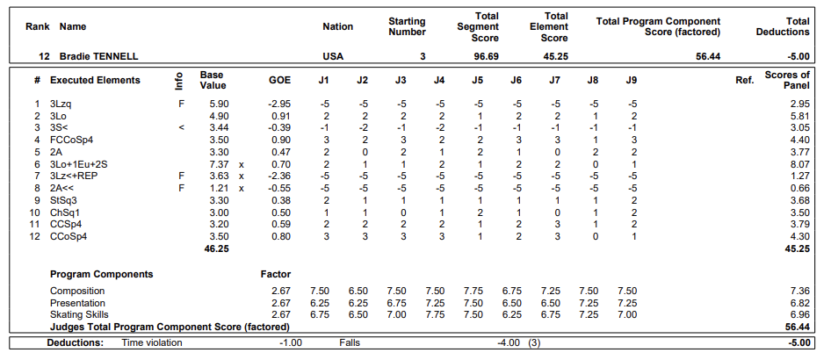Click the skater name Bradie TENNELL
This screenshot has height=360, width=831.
[99, 56]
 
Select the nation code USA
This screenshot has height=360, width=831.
[333, 56]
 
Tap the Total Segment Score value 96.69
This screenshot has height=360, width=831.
[486, 56]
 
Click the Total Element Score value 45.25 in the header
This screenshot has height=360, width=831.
[555, 56]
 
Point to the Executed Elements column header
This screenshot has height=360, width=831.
[95, 80]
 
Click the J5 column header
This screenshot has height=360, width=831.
[478, 80]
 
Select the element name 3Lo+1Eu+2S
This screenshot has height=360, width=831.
[79, 164]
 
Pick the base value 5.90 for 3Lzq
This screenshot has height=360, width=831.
[219, 104]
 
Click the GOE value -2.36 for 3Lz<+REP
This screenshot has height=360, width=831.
[279, 176]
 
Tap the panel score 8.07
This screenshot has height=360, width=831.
[799, 164]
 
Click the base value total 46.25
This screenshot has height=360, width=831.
[217, 248]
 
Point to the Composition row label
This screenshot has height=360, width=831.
[77, 291]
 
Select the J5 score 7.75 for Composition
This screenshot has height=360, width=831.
[473, 291]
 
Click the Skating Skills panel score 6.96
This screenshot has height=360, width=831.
[799, 315]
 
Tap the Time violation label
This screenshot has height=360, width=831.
[152, 342]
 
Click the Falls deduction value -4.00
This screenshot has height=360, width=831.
[509, 342]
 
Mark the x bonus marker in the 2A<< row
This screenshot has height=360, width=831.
[242, 189]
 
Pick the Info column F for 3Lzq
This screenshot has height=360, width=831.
[181, 104]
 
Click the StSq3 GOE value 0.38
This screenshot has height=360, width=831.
[281, 200]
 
